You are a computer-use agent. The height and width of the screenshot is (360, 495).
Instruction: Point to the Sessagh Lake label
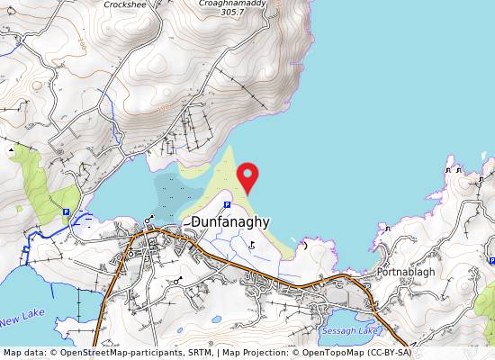tap(350, 331)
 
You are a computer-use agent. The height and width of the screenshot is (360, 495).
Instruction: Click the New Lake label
tap(22, 318)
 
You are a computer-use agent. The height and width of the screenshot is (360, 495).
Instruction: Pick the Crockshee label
tap(125, 4)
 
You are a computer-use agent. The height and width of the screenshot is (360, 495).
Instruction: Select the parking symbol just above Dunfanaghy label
tap(213, 205)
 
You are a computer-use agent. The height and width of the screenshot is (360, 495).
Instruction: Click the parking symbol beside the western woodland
tap(66, 212)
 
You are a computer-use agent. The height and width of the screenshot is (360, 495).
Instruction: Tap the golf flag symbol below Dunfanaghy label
tap(251, 243)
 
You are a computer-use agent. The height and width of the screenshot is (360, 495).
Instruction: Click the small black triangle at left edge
tap(11, 148)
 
